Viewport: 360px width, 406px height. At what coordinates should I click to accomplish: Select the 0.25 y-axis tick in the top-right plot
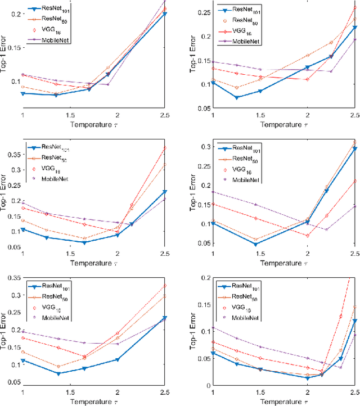[201, 12]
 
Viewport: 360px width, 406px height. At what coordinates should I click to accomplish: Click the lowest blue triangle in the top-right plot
[237, 97]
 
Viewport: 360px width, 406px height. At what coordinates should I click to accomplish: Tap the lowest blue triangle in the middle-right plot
[255, 244]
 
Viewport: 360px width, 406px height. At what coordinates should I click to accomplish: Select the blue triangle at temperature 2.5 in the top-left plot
[164, 13]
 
